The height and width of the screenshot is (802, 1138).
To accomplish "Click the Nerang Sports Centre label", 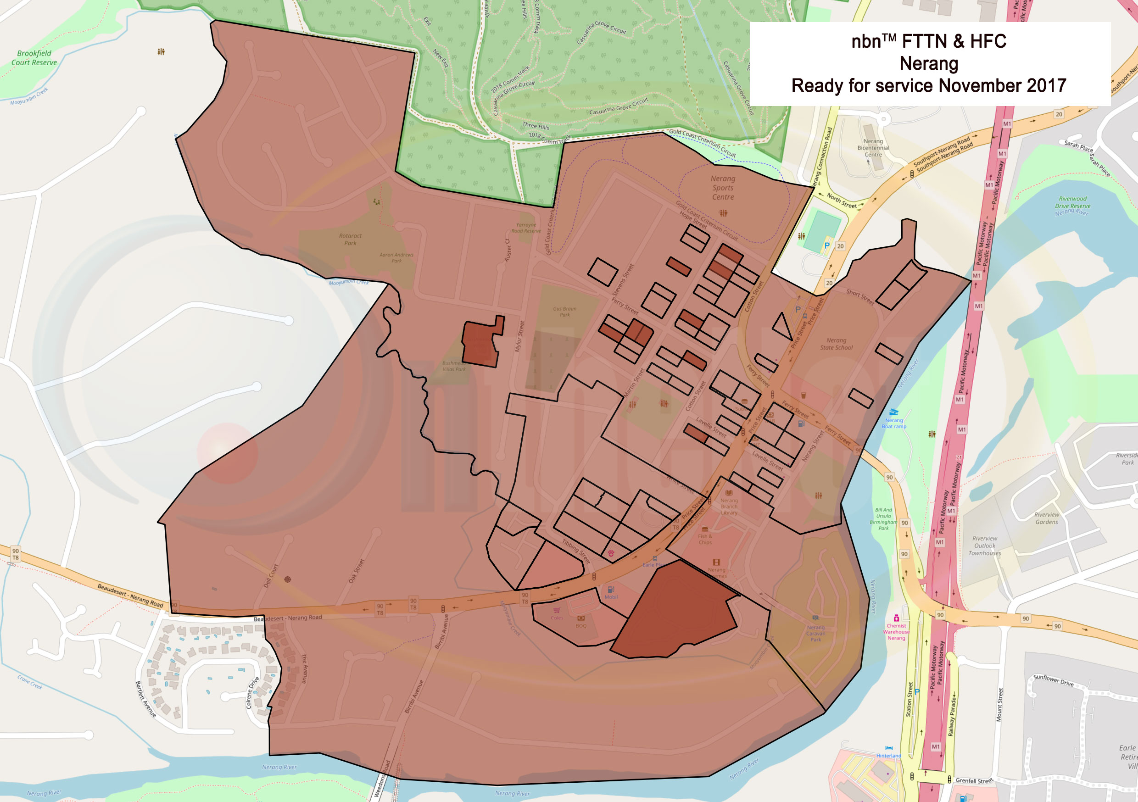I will [x=723, y=188].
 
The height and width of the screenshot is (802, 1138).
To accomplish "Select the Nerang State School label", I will [x=836, y=344].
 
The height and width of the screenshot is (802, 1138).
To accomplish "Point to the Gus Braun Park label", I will [x=564, y=311].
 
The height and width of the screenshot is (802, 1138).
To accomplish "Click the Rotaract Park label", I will [x=351, y=239].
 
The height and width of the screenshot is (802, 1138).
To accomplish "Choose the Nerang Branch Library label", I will [x=729, y=506].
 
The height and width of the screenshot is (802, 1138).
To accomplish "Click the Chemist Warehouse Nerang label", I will [x=896, y=631].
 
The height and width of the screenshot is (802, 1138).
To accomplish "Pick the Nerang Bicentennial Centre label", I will [x=873, y=148].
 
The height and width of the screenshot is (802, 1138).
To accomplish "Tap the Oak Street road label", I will [x=356, y=570].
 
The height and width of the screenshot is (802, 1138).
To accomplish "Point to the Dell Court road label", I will [x=271, y=575].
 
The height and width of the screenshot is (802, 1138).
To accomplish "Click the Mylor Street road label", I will [x=519, y=336].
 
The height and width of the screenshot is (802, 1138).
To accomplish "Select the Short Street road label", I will [x=859, y=297].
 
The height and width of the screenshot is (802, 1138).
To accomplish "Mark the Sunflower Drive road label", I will [x=1053, y=680].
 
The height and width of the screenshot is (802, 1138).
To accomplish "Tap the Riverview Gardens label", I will [x=1046, y=518].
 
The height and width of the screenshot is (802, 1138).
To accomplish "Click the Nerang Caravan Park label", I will [x=815, y=633].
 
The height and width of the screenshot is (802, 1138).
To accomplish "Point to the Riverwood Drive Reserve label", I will [x=1072, y=202].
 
